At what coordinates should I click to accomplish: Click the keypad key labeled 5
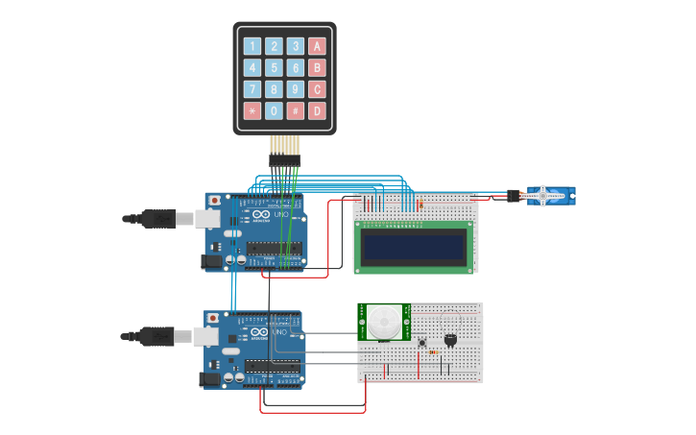[274, 68]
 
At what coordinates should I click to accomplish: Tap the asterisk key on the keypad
[252, 111]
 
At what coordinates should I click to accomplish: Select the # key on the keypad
[296, 111]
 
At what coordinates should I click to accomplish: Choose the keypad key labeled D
[317, 111]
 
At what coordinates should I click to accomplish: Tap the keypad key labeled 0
[274, 111]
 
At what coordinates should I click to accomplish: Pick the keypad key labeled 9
[296, 89]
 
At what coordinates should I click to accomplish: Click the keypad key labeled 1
[252, 46]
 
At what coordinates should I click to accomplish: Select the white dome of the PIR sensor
[386, 322]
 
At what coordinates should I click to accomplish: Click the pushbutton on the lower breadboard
[421, 342]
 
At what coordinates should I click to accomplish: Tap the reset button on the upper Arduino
[213, 200]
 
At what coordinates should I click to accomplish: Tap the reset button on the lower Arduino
[213, 318]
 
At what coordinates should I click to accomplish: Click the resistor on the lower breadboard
[433, 352]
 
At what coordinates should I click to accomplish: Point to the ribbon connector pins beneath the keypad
[284, 149]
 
